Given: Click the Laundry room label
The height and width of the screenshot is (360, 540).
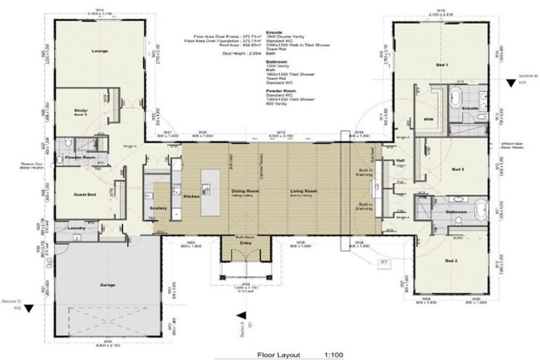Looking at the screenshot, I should [76, 228].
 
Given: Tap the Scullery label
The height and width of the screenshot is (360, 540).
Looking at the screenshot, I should [157, 209].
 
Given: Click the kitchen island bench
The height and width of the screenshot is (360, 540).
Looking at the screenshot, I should [209, 191].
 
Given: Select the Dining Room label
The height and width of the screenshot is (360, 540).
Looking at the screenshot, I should [246, 191].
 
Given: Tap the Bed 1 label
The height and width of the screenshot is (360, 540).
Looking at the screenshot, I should [442, 65].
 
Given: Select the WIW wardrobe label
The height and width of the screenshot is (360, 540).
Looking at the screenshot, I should [427, 120].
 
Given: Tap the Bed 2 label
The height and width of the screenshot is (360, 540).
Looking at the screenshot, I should [452, 261].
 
